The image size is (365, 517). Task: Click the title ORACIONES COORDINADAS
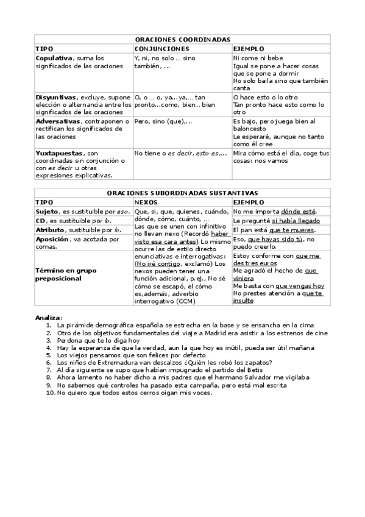pyautogui.click(x=182, y=39)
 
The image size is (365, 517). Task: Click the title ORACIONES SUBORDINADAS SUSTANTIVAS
pyautogui.click(x=182, y=192)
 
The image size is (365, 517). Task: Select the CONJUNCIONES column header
pyautogui.click(x=161, y=48)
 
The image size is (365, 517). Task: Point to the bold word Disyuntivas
pyautogui.click(x=55, y=97)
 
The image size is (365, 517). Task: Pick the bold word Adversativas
pyautogui.click(x=57, y=121)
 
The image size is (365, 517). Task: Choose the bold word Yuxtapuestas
pyautogui.click(x=58, y=153)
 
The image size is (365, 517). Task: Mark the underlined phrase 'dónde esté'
pyautogui.click(x=299, y=211)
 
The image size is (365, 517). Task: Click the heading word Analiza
pyautogui.click(x=49, y=317)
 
